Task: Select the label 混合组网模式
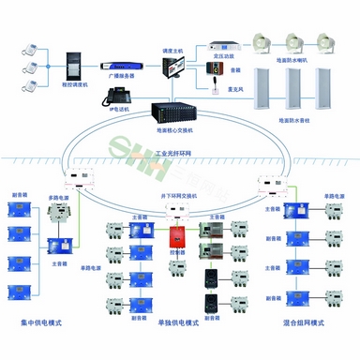[x=303, y=323]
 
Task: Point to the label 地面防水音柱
[x=297, y=120]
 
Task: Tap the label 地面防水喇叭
[x=297, y=58]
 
